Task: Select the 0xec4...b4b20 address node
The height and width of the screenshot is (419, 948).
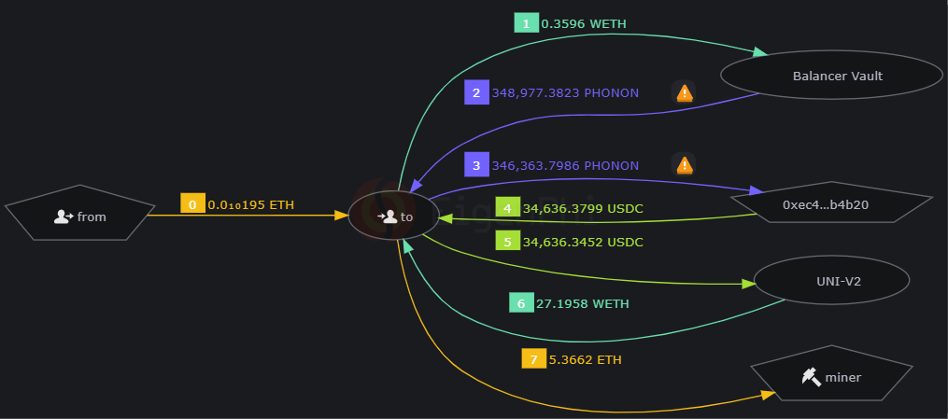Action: [831, 204]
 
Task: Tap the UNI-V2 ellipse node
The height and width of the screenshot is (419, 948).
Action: [830, 280]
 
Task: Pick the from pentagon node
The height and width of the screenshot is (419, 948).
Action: [79, 216]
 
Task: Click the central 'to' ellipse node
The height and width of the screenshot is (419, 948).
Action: [394, 216]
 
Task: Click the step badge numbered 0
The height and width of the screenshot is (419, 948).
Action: [192, 203]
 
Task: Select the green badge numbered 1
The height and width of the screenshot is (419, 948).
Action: [527, 22]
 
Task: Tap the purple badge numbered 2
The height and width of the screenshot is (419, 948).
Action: [476, 92]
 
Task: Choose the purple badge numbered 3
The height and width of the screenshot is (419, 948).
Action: [476, 165]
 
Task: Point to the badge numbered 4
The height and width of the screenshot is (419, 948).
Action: [507, 208]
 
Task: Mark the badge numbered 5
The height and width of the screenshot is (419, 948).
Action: [507, 242]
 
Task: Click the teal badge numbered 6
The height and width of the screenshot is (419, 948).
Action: [521, 303]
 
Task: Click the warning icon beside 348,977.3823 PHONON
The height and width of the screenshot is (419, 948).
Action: [685, 92]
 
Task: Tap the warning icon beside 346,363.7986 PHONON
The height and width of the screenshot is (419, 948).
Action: [685, 165]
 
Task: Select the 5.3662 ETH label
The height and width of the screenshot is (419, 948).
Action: [585, 359]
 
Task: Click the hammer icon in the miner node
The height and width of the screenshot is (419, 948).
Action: [810, 377]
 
